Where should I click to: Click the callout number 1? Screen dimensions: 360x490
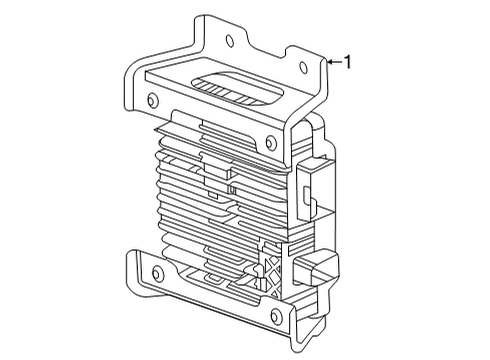coord(347,62)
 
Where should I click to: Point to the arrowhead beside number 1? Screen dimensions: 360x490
coord(328,62)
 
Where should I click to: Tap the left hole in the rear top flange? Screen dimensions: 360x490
coord(231,41)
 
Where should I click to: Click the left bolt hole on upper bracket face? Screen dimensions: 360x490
coord(151,100)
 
